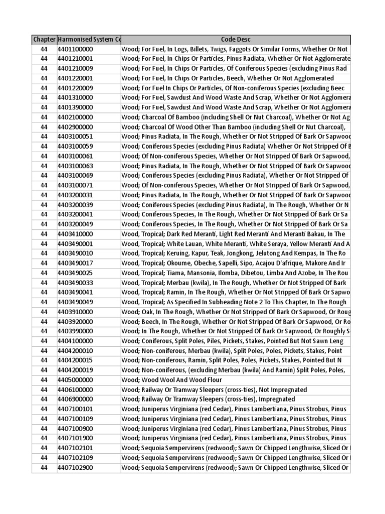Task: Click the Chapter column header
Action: coord(44,39)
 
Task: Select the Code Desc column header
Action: coord(236,39)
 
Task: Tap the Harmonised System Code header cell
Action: coord(89,39)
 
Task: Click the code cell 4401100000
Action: coord(75,49)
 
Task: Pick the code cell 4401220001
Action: coord(75,78)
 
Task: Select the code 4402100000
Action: coord(75,117)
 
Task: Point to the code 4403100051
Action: coord(75,137)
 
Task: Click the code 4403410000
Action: coord(75,234)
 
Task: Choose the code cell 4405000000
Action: coord(75,380)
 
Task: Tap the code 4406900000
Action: coord(75,400)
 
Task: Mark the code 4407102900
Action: coord(75,468)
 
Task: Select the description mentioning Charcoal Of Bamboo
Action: coord(236,117)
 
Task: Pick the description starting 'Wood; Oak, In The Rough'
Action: coord(236,312)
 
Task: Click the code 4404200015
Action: coord(75,360)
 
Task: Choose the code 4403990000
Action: coord(75,331)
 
